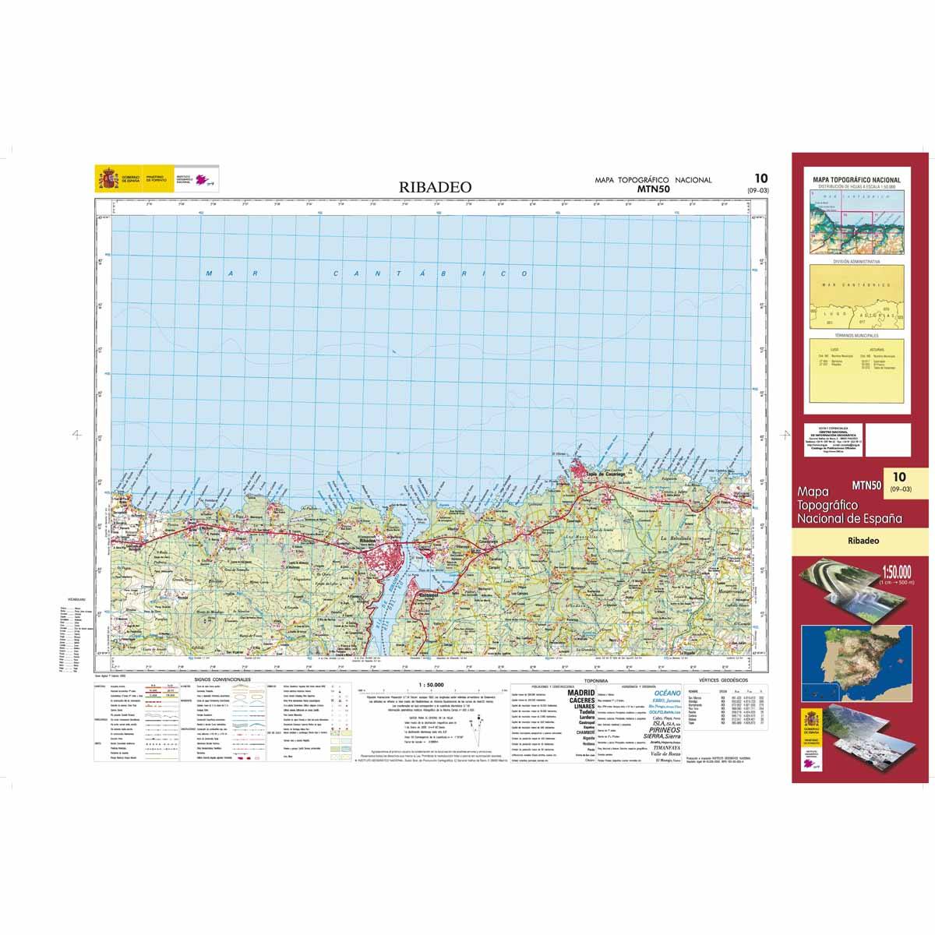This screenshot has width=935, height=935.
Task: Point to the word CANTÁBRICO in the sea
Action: point(431,274)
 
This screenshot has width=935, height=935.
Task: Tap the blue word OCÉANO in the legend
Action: point(667,692)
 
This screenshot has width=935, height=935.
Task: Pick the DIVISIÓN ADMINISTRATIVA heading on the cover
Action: point(857,262)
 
